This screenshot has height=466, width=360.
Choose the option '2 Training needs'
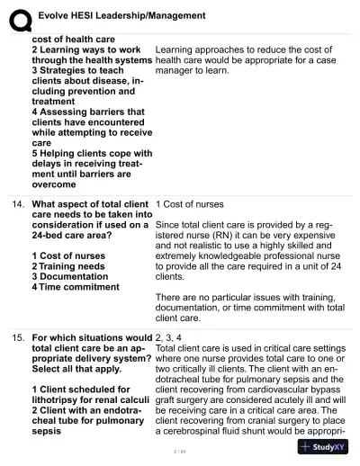tap(68, 267)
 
